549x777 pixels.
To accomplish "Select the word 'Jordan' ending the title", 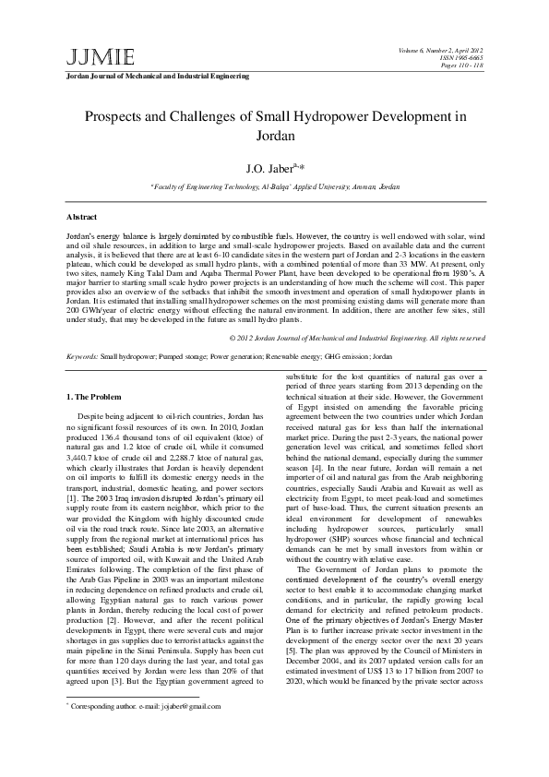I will coord(274,136).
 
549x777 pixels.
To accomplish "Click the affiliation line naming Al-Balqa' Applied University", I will coord(275,186).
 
